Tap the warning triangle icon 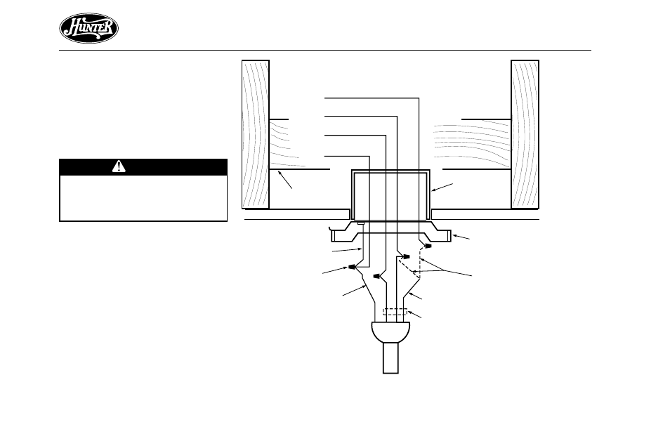click(x=119, y=166)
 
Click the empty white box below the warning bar click(x=143, y=198)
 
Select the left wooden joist click(x=256, y=134)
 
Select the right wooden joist click(x=525, y=134)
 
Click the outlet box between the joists click(x=390, y=195)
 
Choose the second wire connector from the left click(x=378, y=277)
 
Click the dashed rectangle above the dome click(x=395, y=313)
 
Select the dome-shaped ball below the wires click(x=391, y=333)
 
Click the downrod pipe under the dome click(x=390, y=357)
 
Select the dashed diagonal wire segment click(x=406, y=265)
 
